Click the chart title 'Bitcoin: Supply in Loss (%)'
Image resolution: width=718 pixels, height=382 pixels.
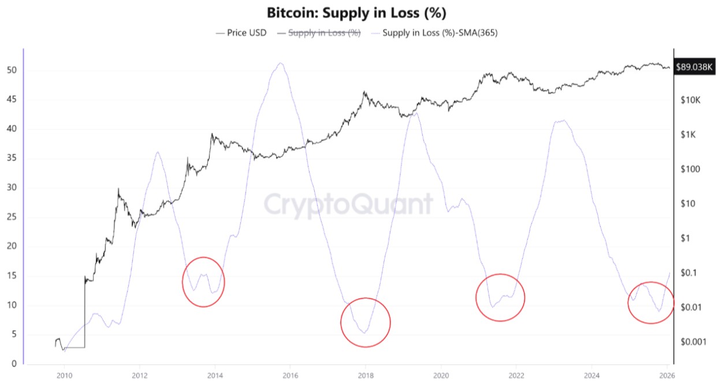pos(357,13)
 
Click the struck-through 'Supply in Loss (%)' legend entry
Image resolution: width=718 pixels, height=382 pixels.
pos(324,33)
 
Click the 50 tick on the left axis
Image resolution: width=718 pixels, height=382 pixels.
pos(12,71)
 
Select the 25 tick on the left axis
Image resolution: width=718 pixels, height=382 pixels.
pos(12,217)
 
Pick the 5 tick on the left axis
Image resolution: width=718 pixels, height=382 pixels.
pos(13,335)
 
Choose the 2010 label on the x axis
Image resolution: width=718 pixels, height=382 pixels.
pos(64,374)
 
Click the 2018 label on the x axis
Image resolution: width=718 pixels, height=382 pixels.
pos(365,374)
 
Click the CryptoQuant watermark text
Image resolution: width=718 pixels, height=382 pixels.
pos(348,205)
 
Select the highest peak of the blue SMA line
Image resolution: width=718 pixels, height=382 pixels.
pos(281,63)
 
